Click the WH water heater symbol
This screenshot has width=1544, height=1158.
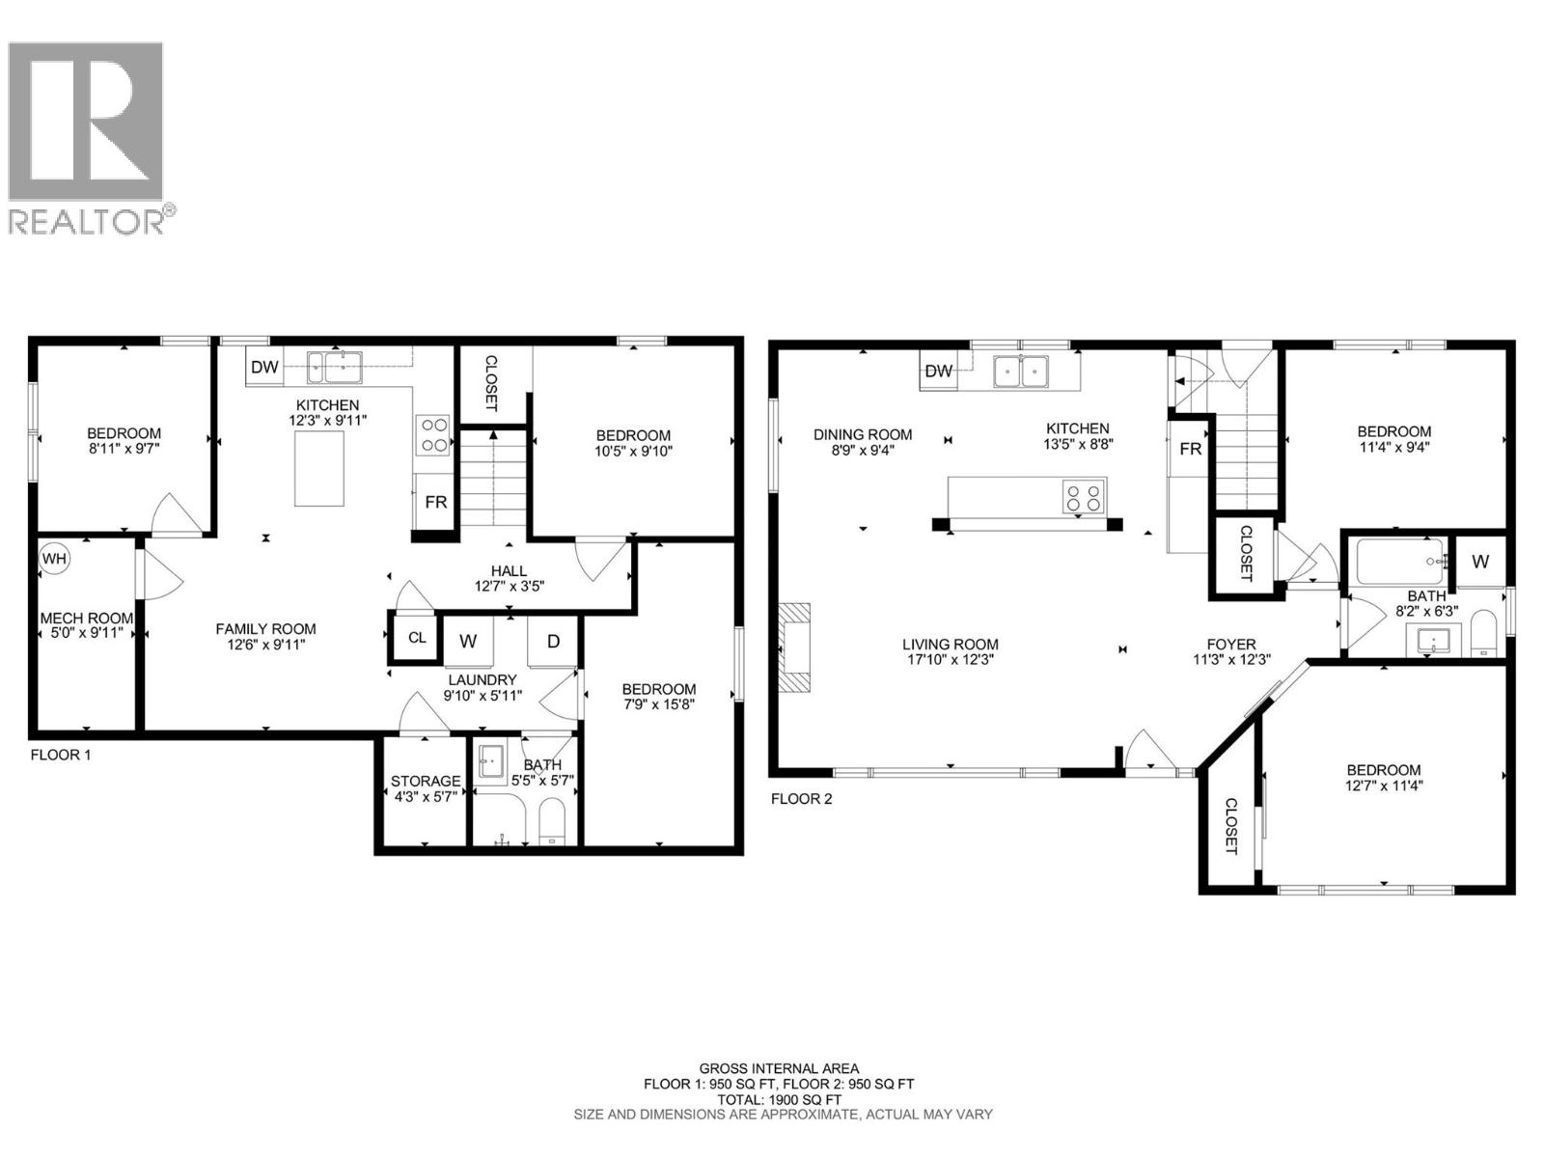[x=55, y=559]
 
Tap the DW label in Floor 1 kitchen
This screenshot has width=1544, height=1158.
[x=263, y=367]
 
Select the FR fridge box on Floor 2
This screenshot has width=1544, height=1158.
[x=1190, y=449]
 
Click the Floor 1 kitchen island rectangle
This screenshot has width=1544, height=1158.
[x=319, y=468]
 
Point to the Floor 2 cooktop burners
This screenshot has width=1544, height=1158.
[x=1082, y=497]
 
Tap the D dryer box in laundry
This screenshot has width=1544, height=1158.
[x=554, y=642]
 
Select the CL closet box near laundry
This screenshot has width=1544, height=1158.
[x=417, y=638]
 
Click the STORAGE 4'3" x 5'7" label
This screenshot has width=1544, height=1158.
[x=426, y=788]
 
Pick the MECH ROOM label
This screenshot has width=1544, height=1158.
[x=87, y=626]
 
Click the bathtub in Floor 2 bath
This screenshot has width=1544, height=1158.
[x=1400, y=559]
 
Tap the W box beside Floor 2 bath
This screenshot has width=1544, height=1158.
[x=1479, y=561]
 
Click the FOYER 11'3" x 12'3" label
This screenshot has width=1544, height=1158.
[x=1231, y=652]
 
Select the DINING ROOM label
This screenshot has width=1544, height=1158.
[x=863, y=442]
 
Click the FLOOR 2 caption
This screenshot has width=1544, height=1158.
[x=801, y=799]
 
